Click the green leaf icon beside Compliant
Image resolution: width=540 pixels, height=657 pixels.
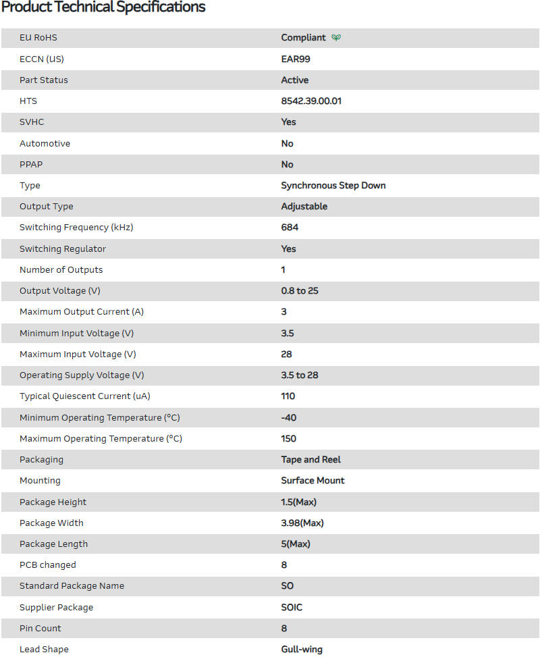pyautogui.click(x=336, y=38)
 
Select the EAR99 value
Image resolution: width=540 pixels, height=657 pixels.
pyautogui.click(x=296, y=59)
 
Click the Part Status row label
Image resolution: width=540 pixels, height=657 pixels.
pyautogui.click(x=44, y=80)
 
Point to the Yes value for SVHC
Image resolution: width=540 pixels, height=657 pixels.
pyautogui.click(x=289, y=122)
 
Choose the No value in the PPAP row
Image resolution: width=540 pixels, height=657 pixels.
pyautogui.click(x=288, y=164)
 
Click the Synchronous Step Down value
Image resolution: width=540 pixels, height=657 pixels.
pyautogui.click(x=333, y=185)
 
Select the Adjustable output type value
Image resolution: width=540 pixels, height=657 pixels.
pyautogui.click(x=304, y=206)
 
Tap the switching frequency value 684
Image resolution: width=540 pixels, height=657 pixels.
pyautogui.click(x=290, y=227)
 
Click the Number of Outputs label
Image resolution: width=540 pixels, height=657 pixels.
pyautogui.click(x=61, y=269)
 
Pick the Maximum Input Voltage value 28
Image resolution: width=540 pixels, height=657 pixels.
pyautogui.click(x=287, y=354)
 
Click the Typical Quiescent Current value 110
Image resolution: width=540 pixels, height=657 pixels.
pyautogui.click(x=288, y=396)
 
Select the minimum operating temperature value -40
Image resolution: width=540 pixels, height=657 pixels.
pyautogui.click(x=289, y=417)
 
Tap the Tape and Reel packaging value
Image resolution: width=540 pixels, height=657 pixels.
pyautogui.click(x=311, y=459)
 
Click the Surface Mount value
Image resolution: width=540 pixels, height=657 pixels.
pyautogui.click(x=313, y=480)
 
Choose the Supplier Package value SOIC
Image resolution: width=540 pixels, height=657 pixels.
pyautogui.click(x=292, y=607)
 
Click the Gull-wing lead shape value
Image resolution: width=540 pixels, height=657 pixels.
pyautogui.click(x=302, y=649)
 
